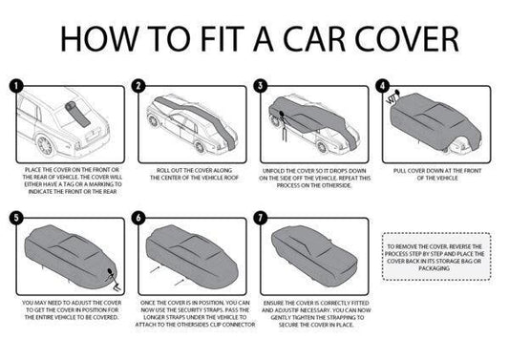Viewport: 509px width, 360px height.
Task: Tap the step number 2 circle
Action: point(138,85)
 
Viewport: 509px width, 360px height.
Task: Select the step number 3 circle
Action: point(260,85)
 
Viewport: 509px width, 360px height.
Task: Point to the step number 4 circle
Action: point(382,85)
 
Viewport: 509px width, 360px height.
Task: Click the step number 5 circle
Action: point(16,218)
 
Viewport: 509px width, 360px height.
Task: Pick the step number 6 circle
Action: point(138,218)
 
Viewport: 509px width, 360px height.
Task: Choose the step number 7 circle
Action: point(260,218)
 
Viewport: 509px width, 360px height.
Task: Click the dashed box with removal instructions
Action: point(435,257)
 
